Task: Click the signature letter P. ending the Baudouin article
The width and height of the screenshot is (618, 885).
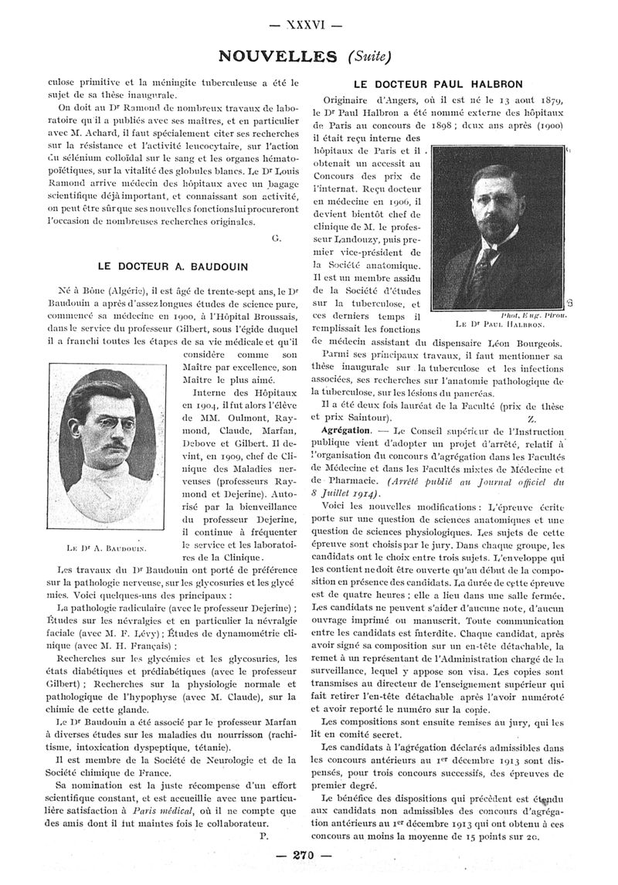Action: click(264, 836)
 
